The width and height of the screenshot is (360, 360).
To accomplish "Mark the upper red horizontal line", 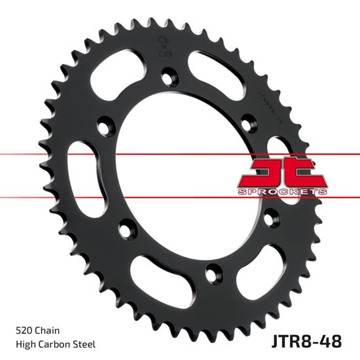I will click(65, 155).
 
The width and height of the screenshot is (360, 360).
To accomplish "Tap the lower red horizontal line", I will click(65, 195).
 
